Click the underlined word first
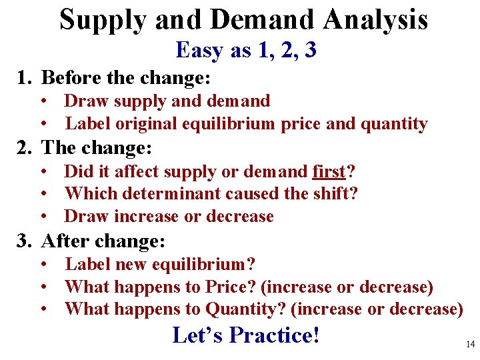329,171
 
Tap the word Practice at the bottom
274,335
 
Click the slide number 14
471,345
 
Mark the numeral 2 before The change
23,147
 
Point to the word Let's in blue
198,335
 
